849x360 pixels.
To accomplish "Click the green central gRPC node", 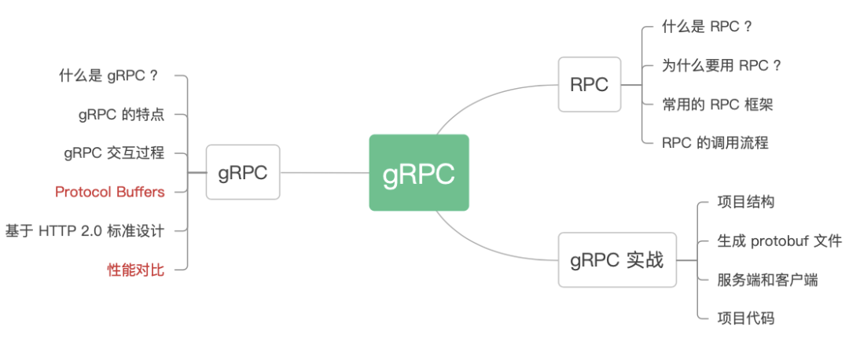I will click(419, 173).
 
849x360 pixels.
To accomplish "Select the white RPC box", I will click(590, 84).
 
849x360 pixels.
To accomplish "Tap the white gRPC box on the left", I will click(243, 172).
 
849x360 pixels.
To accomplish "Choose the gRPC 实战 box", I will click(616, 259).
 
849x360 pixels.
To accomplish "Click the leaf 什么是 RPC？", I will click(707, 27).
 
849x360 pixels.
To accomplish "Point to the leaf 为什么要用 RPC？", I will click(722, 65).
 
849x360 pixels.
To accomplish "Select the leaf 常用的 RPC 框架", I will click(718, 104).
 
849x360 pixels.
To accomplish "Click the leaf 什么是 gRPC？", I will click(109, 76).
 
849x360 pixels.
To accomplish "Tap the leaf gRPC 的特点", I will click(121, 115).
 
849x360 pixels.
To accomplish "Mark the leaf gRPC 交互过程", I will click(114, 153).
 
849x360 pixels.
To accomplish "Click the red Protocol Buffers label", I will click(110, 192).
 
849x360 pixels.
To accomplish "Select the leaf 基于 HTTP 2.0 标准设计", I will click(85, 230).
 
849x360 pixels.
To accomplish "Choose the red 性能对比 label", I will click(136, 270).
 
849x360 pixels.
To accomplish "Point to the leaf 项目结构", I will click(745, 202).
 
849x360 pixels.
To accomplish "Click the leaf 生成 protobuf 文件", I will click(779, 241).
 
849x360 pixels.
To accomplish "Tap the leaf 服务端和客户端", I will click(767, 279).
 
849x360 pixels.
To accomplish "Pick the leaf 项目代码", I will click(745, 318).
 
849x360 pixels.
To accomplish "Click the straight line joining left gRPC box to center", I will click(324, 172).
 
